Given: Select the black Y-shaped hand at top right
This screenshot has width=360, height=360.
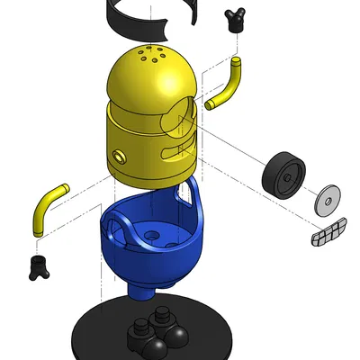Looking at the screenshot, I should pyautogui.click(x=236, y=19).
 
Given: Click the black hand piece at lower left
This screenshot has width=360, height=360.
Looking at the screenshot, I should pyautogui.click(x=38, y=267).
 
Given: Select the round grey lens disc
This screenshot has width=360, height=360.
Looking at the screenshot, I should pyautogui.click(x=328, y=199).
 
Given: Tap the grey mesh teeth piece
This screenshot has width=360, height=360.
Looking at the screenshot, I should pyautogui.click(x=328, y=231).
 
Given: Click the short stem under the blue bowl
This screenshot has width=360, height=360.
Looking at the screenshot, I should pyautogui.click(x=142, y=291).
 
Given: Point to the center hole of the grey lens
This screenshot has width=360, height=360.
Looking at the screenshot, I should pyautogui.click(x=329, y=199).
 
